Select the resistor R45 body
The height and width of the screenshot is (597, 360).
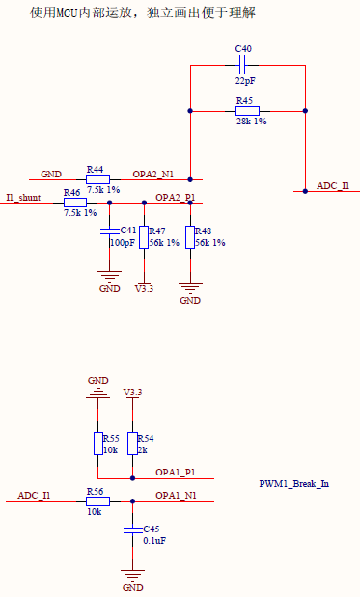point(247,111)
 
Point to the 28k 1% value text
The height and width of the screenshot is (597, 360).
point(251,122)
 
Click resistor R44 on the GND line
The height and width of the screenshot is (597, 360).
point(97,179)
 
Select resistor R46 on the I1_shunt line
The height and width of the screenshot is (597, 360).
point(74,203)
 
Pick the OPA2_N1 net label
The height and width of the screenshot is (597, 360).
point(152,174)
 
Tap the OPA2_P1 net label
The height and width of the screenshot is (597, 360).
point(175,197)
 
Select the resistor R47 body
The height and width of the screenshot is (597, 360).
point(143,237)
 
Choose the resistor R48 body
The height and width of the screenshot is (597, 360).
point(190,237)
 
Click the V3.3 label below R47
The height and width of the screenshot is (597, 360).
point(144,288)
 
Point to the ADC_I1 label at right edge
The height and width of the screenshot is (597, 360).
point(332,185)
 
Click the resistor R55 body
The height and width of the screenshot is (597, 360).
point(97,444)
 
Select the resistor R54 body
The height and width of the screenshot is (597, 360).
point(132,444)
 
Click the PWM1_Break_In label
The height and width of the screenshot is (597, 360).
point(293,483)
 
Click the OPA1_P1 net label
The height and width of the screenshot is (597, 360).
point(176,473)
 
